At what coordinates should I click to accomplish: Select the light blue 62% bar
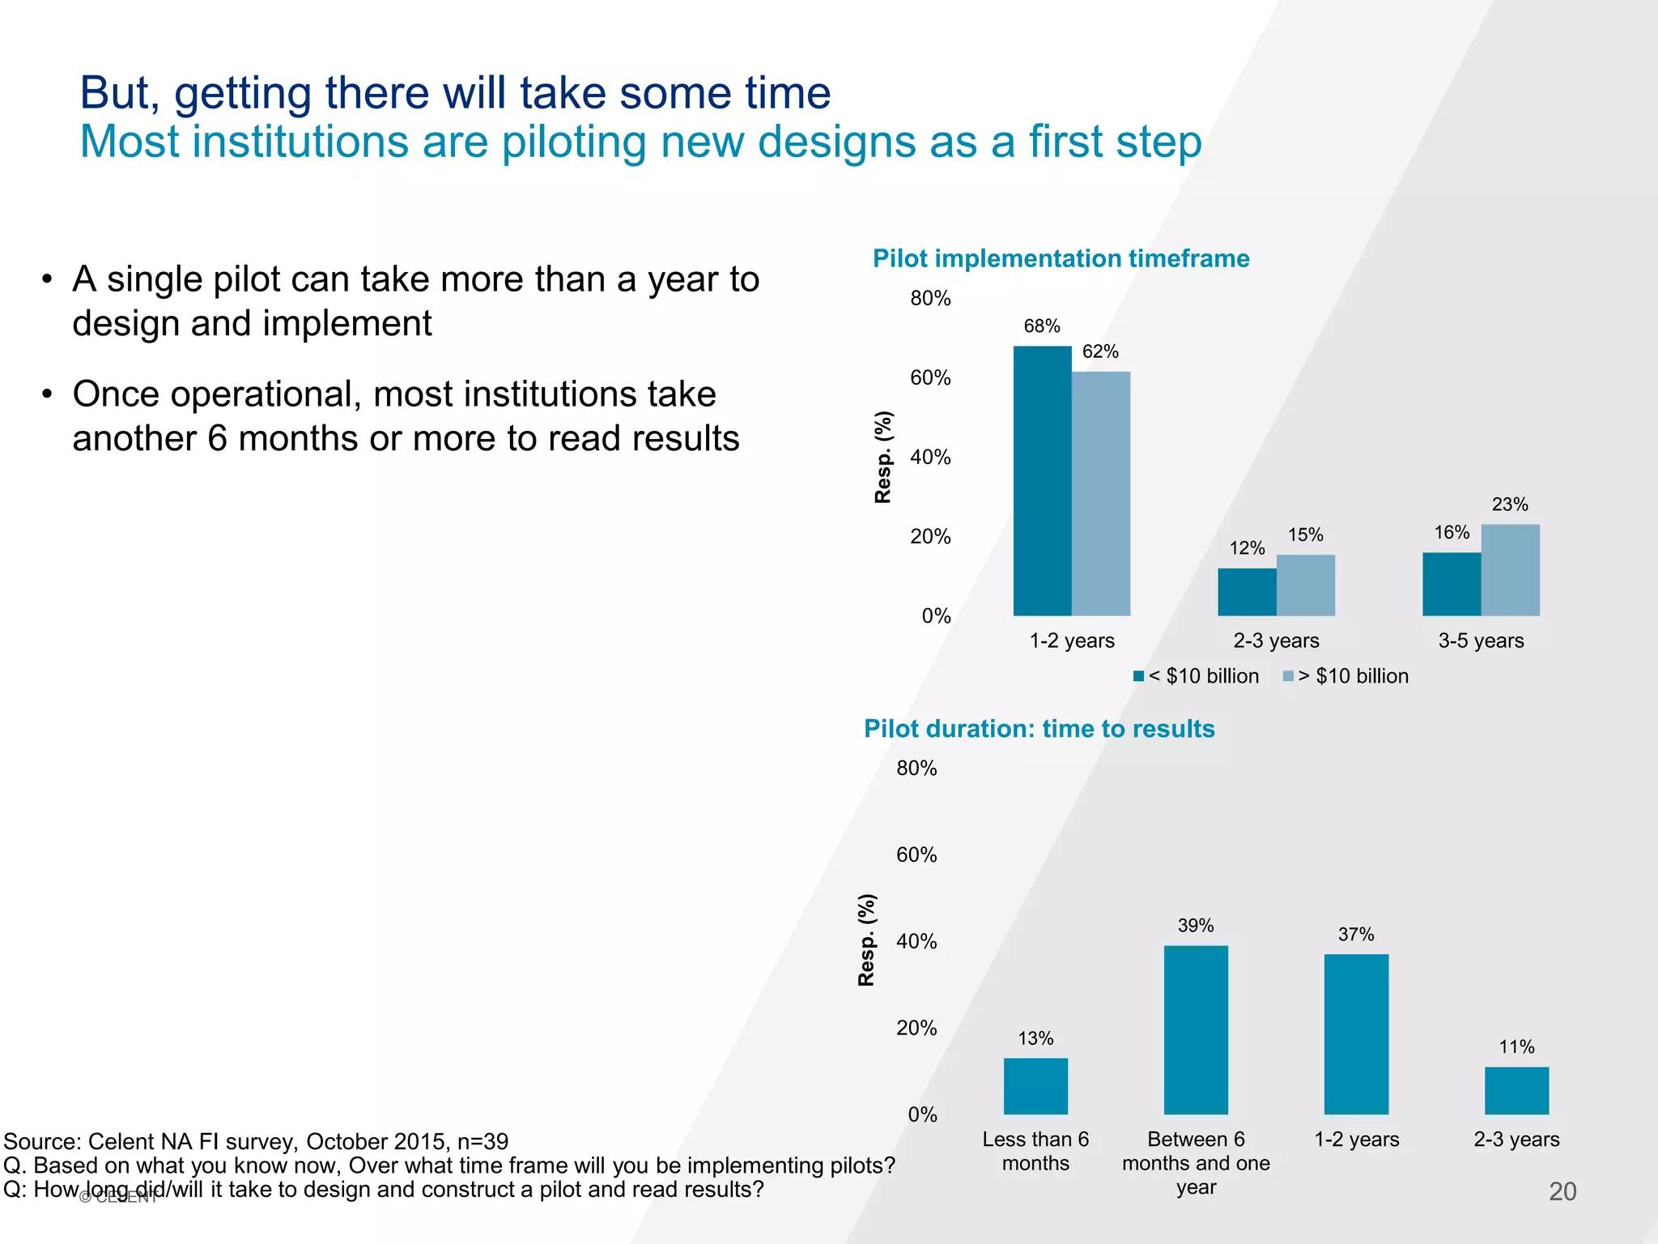(x=1101, y=493)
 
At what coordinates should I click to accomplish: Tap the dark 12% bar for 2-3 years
(x=1247, y=592)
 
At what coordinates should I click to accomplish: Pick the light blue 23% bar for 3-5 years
(x=1510, y=570)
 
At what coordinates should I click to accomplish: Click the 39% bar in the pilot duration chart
(x=1196, y=1029)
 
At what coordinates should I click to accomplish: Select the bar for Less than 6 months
(x=1035, y=1086)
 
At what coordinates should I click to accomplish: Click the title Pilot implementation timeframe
(x=1061, y=258)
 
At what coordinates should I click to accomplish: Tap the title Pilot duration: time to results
(x=1039, y=729)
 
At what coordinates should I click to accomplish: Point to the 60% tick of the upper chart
(x=930, y=378)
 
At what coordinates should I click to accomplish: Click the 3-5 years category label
(x=1481, y=641)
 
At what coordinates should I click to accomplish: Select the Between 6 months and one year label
(x=1196, y=1163)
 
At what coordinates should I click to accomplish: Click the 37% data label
(x=1356, y=935)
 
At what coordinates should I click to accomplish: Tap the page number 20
(x=1562, y=1191)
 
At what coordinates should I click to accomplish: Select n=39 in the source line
(x=483, y=1141)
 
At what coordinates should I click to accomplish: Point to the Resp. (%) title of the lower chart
(x=866, y=940)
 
